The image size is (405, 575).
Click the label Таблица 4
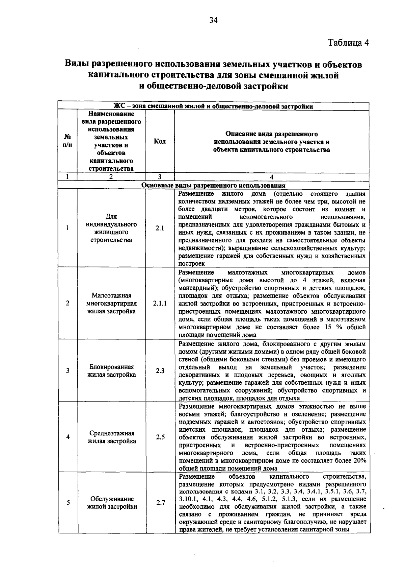(349, 43)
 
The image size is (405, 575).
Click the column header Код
(160, 141)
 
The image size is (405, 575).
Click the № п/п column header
(67, 141)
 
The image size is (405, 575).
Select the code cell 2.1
(160, 228)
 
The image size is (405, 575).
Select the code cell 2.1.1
(160, 304)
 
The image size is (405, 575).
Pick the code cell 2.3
(160, 371)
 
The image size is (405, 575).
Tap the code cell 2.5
(160, 437)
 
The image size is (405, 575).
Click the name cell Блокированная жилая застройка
(111, 371)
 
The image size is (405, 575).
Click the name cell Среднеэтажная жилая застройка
(112, 437)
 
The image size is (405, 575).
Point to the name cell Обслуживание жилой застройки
(112, 503)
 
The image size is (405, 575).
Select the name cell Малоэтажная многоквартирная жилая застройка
(111, 304)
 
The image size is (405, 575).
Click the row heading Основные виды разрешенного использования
(213, 185)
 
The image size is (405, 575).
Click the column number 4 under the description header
(272, 177)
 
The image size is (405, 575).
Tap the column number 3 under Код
(160, 177)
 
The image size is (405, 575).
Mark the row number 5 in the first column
(68, 503)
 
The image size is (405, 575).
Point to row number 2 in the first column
(67, 304)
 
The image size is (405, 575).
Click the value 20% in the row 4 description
(359, 461)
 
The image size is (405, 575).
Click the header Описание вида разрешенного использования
(272, 141)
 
